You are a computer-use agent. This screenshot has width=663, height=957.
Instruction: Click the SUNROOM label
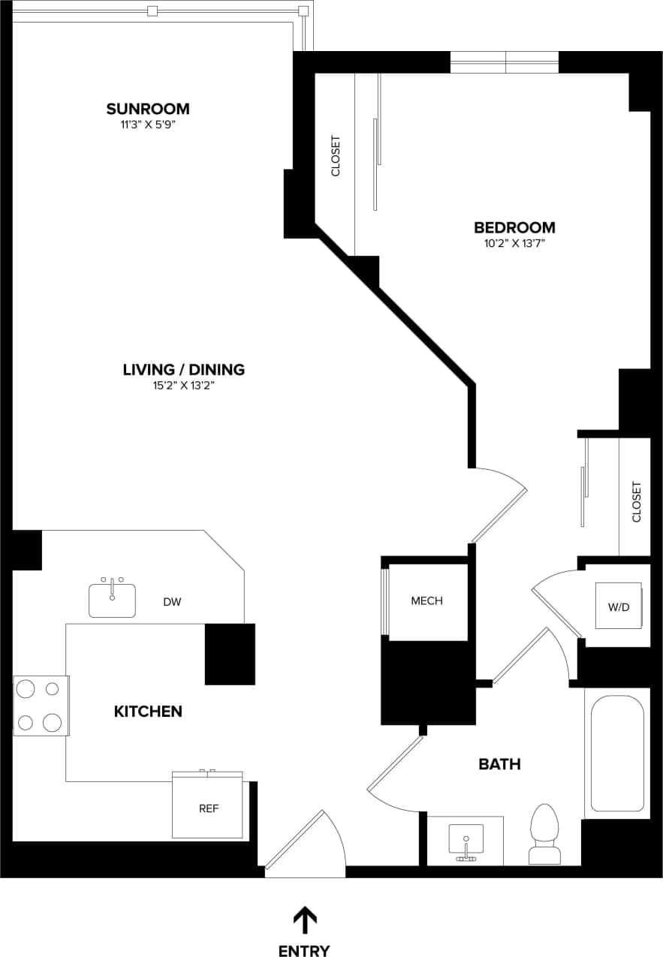tap(147, 109)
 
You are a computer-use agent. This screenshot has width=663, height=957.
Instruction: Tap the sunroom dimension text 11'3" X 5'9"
tap(147, 125)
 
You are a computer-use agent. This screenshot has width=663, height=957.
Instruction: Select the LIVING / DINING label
tap(184, 369)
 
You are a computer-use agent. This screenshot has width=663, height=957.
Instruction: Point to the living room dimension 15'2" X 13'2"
tap(184, 386)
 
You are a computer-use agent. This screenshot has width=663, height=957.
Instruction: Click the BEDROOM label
tap(514, 227)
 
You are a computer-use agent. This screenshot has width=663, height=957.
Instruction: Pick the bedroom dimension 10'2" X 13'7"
tap(514, 243)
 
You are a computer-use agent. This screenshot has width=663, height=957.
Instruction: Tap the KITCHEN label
tap(148, 711)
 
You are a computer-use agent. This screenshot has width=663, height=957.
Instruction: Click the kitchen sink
tap(112, 599)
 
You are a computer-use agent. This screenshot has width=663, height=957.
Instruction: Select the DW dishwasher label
tap(172, 601)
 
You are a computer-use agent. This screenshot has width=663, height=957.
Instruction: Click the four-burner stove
tap(41, 706)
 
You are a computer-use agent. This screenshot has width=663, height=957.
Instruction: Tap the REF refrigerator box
tap(208, 808)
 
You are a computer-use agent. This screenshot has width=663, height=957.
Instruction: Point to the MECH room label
tap(426, 600)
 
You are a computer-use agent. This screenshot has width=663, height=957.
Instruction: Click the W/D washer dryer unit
tap(619, 606)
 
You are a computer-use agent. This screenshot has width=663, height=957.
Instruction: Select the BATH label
tap(499, 764)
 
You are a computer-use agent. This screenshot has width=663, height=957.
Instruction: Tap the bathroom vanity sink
tap(466, 839)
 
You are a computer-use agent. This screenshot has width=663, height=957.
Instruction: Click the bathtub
tap(616, 753)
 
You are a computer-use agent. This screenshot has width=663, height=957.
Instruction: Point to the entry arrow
tap(304, 919)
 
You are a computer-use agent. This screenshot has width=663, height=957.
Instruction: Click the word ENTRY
tap(304, 950)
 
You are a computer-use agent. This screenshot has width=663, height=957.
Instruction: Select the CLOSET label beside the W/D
tap(637, 501)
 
